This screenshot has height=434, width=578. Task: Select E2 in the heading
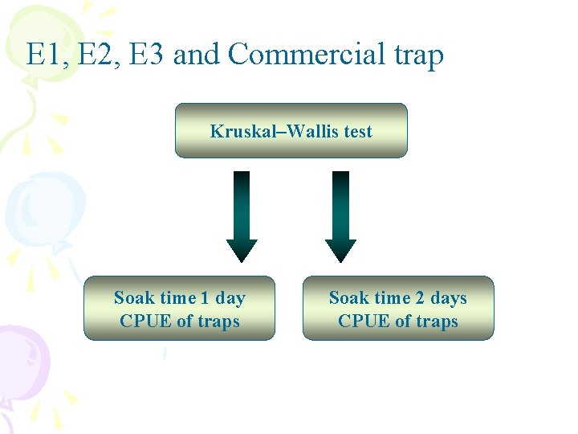[x=90, y=55]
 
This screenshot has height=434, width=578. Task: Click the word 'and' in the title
[x=197, y=55]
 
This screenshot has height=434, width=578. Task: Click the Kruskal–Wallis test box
[x=291, y=130]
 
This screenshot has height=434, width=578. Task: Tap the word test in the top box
[x=357, y=131]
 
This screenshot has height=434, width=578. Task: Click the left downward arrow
[x=242, y=215]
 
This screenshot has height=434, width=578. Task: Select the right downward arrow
[x=340, y=215]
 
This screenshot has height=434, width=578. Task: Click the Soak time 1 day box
[x=179, y=309]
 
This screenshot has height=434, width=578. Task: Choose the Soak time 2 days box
[x=397, y=309]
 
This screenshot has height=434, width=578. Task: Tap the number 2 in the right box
[x=419, y=298]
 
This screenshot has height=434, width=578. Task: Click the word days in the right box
[x=448, y=298]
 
